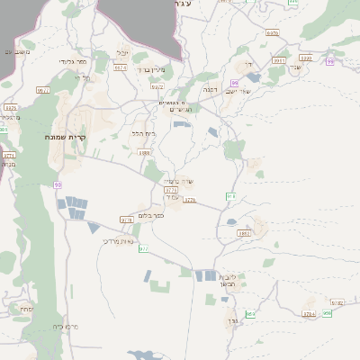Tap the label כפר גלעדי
[72, 61]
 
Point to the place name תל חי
[79, 77]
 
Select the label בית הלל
[144, 133]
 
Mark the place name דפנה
[211, 89]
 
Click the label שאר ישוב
[242, 90]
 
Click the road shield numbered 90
[58, 184]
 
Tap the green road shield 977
[144, 248]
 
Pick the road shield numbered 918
[231, 195]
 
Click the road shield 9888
[144, 153]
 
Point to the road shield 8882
[244, 233]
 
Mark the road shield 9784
[309, 314]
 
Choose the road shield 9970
[272, 33]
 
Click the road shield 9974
[121, 67]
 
